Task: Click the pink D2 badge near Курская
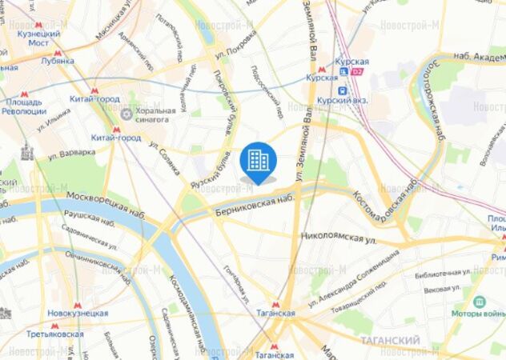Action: pyautogui.click(x=358, y=70)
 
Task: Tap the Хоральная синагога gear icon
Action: pyautogui.click(x=126, y=114)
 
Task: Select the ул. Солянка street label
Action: pyautogui.click(x=169, y=151)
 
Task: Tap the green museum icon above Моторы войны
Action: pyautogui.click(x=480, y=302)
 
